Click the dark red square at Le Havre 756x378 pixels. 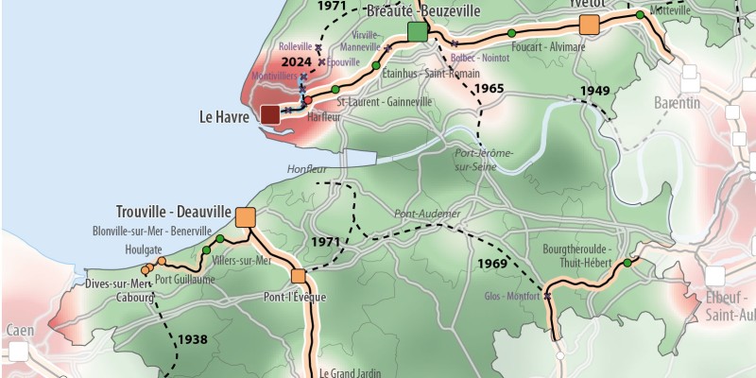coord(269,115)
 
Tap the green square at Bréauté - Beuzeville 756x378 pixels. coord(418,33)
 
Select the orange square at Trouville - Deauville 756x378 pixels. coord(247,217)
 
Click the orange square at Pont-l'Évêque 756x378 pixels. coord(299,277)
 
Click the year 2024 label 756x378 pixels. coord(297,62)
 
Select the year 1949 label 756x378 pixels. coord(594,91)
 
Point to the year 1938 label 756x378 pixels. coord(191,338)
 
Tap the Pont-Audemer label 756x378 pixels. coord(427,214)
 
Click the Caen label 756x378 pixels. coord(20,331)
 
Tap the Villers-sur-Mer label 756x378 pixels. coord(242,260)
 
